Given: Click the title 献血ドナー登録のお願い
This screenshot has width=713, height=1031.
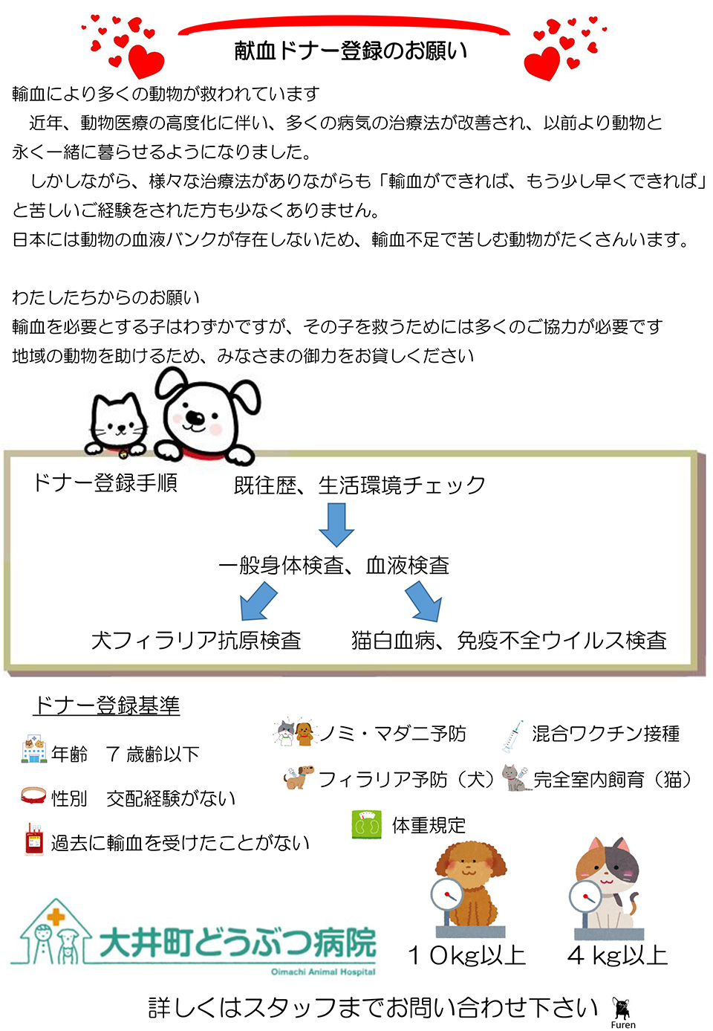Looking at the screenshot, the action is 351,51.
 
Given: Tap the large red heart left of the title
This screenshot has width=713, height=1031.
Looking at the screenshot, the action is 146,62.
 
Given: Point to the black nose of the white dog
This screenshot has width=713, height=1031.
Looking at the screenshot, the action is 195,418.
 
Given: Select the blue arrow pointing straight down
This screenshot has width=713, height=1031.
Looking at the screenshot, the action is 336,525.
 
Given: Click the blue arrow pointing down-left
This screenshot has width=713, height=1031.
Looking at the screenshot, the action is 258,601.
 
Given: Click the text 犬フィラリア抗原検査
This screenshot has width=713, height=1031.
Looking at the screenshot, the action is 196,640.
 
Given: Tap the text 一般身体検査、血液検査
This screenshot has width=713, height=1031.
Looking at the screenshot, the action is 334,565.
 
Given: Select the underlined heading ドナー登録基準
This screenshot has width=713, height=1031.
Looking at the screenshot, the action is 106,705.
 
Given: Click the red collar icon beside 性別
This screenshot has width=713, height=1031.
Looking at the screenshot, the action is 33,795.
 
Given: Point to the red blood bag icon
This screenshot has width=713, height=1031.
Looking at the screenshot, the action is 34,838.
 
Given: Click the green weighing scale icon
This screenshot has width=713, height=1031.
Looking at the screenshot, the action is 367,824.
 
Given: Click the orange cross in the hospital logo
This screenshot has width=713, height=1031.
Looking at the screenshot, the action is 56,917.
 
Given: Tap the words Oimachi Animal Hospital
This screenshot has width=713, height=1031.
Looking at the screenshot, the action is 323,972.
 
